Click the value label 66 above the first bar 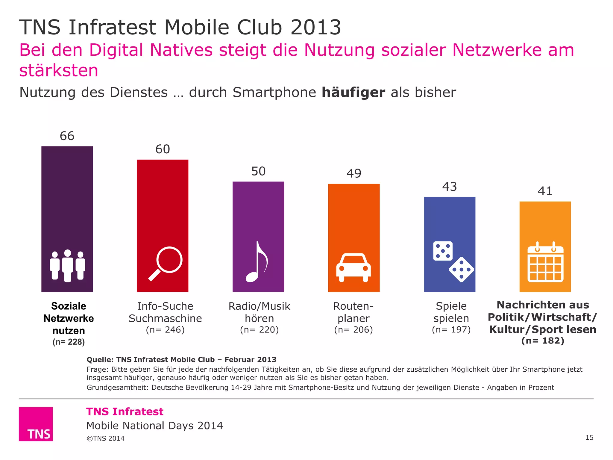(x=67, y=136)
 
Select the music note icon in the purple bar (x=257, y=262)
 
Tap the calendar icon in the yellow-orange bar (x=545, y=263)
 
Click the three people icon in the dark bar (x=67, y=266)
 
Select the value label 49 (x=354, y=173)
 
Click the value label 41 (x=545, y=191)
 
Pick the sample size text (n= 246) (x=165, y=330)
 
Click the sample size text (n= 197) (x=451, y=330)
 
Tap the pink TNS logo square (x=36, y=424)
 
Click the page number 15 (x=589, y=438)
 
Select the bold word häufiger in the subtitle (x=353, y=93)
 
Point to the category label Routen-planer (x=353, y=312)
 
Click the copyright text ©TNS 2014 (x=105, y=438)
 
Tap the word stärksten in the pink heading (x=59, y=71)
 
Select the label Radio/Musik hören (x=259, y=312)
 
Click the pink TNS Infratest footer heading (x=125, y=411)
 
